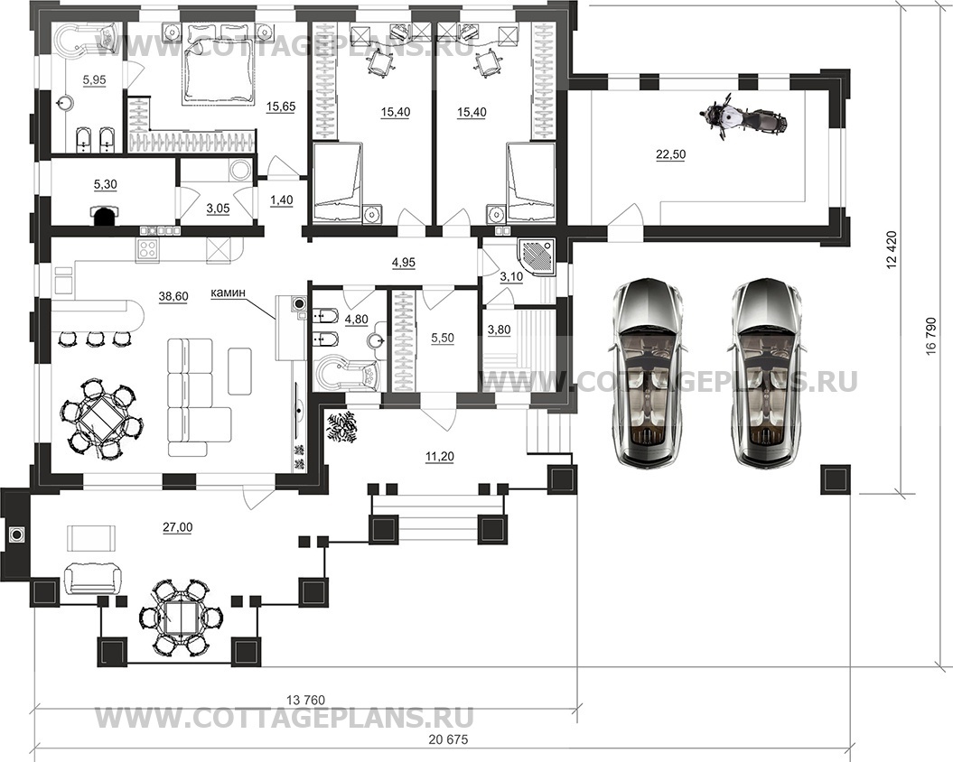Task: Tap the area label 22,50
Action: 670,155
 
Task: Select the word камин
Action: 229,293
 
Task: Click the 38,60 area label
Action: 173,296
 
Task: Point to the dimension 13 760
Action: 305,700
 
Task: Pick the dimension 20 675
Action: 449,739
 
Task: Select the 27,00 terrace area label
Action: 177,527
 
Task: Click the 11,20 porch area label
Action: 440,456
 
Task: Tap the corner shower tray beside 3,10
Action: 536,257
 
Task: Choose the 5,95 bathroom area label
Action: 94,79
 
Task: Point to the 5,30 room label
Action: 106,184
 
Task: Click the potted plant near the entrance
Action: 342,426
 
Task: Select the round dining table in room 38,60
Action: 102,418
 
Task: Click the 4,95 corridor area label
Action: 404,263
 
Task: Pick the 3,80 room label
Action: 499,330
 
